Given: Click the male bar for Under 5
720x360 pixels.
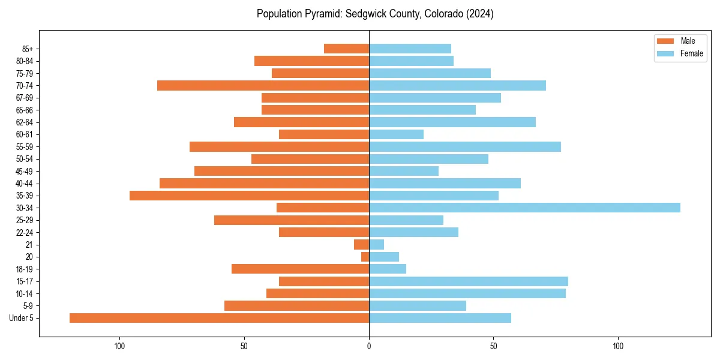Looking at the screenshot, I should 219,318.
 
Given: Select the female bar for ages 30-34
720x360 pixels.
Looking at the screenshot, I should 524,208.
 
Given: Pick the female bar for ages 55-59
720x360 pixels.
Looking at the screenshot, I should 465,146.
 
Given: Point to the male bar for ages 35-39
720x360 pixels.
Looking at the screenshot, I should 249,196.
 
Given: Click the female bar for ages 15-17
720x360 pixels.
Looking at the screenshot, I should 469,281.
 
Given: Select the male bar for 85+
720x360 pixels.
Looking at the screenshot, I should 346,49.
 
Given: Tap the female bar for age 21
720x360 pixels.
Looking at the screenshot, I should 376,245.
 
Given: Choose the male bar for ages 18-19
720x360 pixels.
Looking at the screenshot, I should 300,269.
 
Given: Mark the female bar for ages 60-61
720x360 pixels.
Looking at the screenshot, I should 396,134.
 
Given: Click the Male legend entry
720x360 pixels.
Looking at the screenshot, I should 688,41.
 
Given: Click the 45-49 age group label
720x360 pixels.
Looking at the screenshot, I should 24,171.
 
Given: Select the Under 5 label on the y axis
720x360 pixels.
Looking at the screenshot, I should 21,318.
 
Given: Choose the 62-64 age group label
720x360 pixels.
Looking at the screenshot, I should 24,122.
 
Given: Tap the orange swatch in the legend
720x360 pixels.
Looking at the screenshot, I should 665,41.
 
